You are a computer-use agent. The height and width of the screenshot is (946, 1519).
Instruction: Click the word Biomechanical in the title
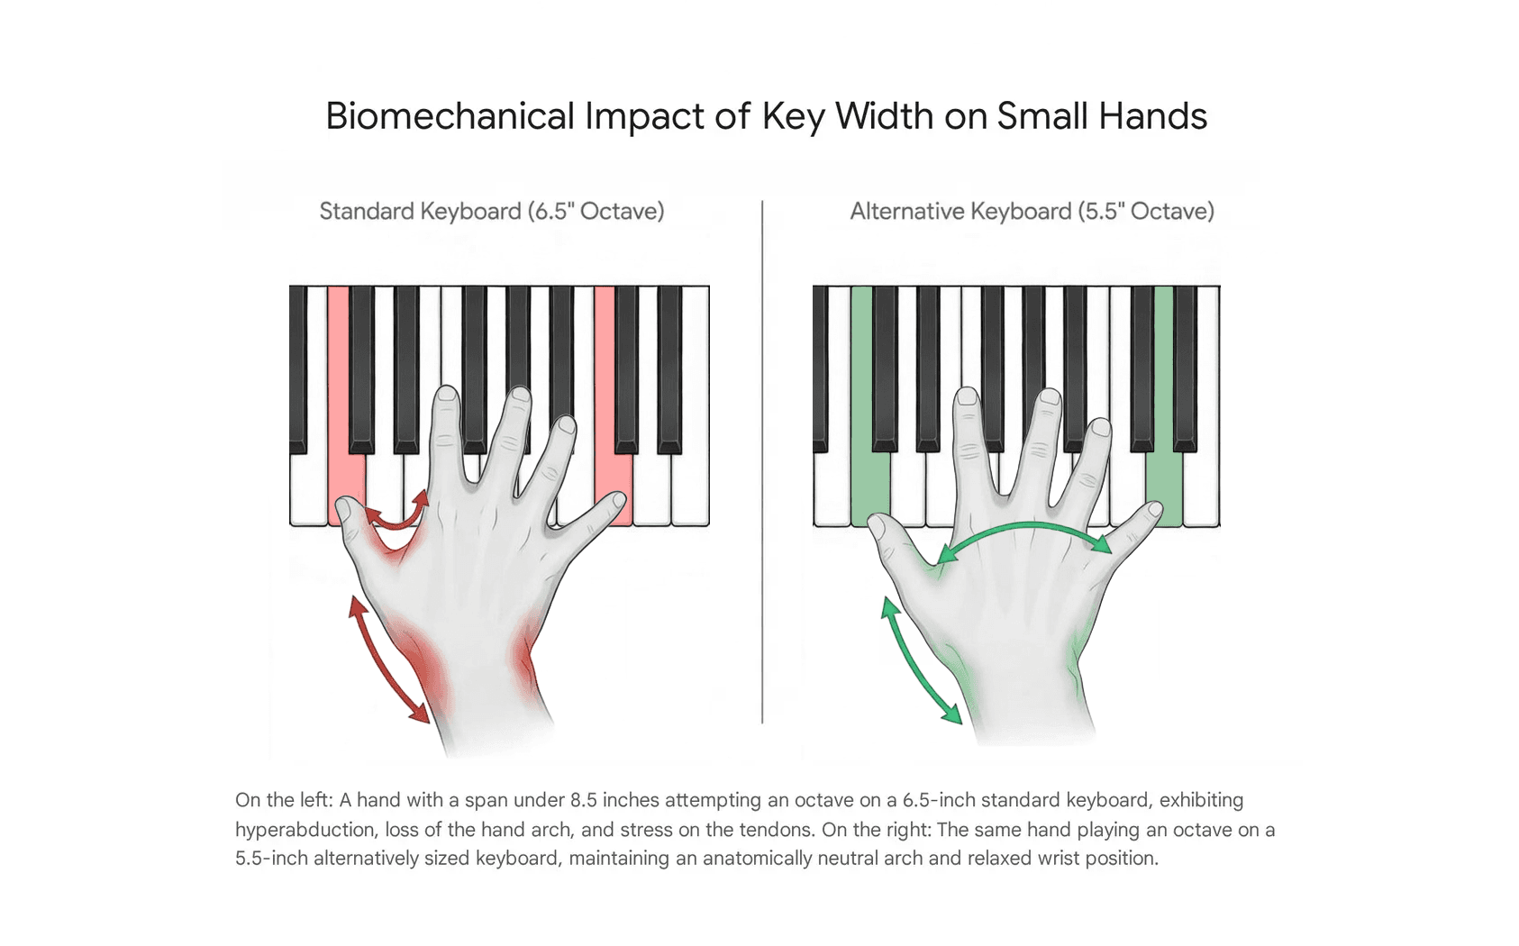tap(450, 116)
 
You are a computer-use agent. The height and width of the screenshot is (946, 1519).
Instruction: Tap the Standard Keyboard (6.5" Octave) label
tap(492, 212)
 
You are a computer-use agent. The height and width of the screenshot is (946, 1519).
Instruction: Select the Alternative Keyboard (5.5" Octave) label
tap(1032, 212)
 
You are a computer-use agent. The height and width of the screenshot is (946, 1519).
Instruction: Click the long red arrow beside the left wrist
tap(388, 659)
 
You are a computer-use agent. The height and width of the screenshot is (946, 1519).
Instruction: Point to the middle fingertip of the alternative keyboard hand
tap(967, 397)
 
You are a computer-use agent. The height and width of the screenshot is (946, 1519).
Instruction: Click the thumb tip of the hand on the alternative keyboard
tap(877, 526)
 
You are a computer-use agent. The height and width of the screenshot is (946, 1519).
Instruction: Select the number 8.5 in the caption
tap(583, 800)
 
